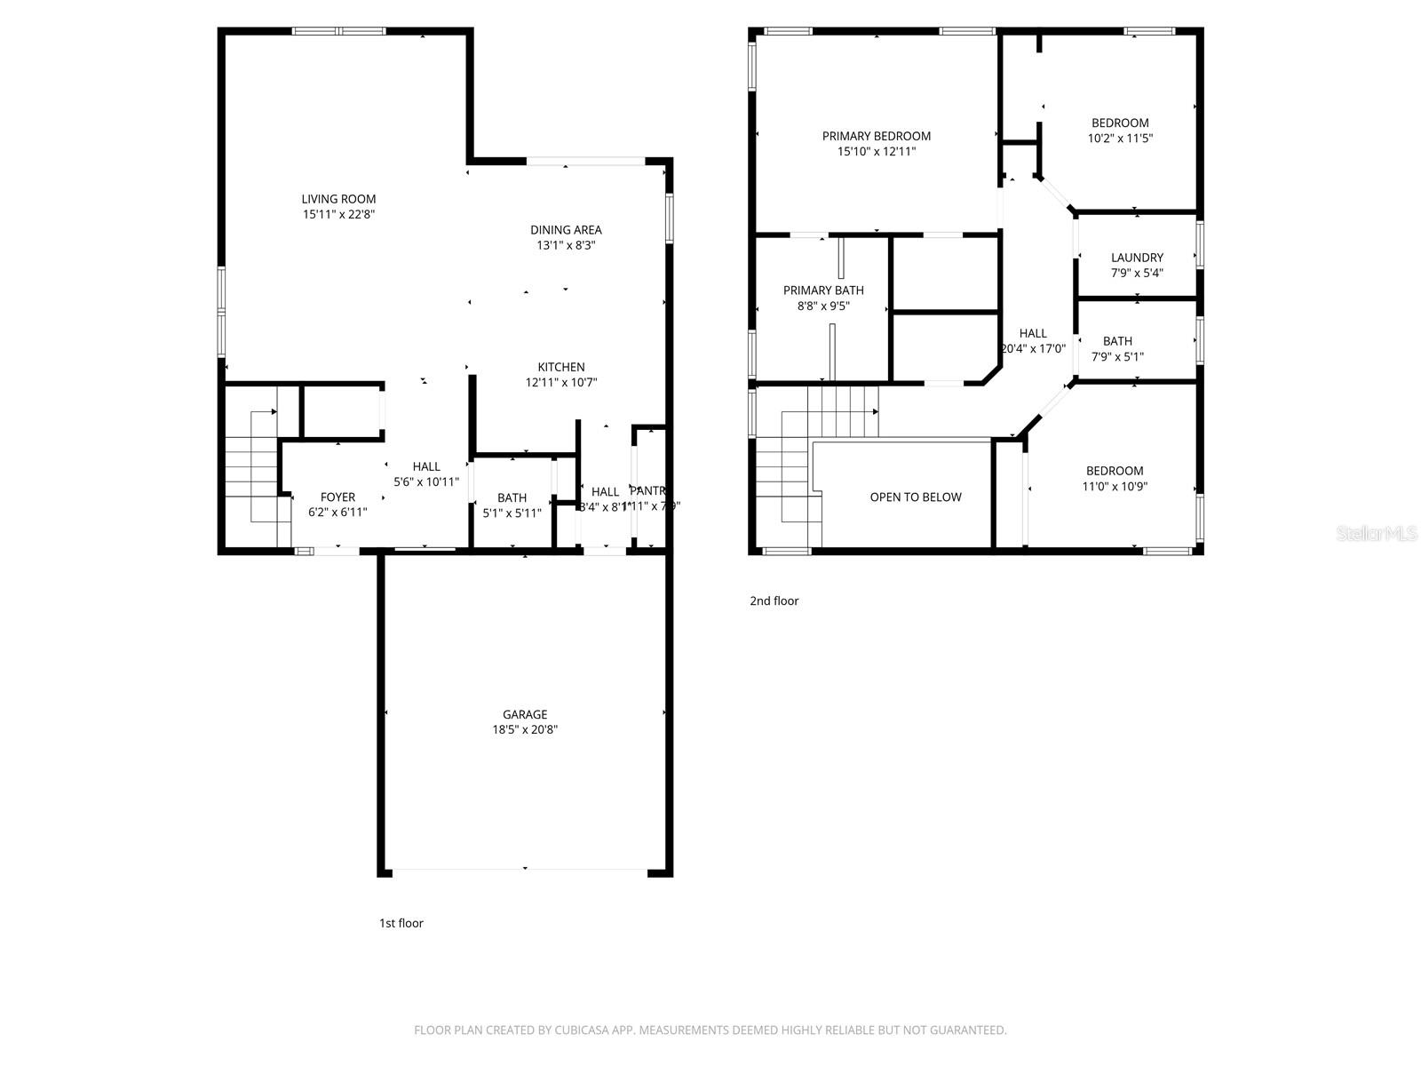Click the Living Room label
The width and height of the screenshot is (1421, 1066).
(x=338, y=200)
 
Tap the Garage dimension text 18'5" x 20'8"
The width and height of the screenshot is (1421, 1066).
(x=525, y=730)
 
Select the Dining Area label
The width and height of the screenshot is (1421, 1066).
(x=566, y=230)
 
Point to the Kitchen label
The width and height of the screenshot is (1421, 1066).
(x=561, y=367)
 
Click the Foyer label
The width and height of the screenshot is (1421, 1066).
(x=337, y=497)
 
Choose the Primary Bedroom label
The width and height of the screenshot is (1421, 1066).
(x=876, y=136)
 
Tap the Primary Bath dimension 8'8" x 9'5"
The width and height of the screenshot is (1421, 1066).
(x=823, y=306)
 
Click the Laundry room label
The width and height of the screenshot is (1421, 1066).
(x=1137, y=258)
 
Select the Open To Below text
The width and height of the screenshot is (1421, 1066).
(x=916, y=497)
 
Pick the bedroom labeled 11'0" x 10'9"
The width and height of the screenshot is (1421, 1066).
(x=1115, y=479)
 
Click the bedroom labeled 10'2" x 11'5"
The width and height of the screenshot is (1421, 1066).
(x=1120, y=131)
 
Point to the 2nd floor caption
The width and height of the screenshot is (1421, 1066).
(x=774, y=601)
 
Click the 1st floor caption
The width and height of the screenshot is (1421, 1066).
(x=401, y=923)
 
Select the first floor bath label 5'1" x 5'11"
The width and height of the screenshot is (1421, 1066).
(x=512, y=505)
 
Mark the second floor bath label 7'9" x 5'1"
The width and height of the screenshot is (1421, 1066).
(x=1117, y=349)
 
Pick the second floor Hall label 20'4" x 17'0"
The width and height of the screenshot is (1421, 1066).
(x=1033, y=341)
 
